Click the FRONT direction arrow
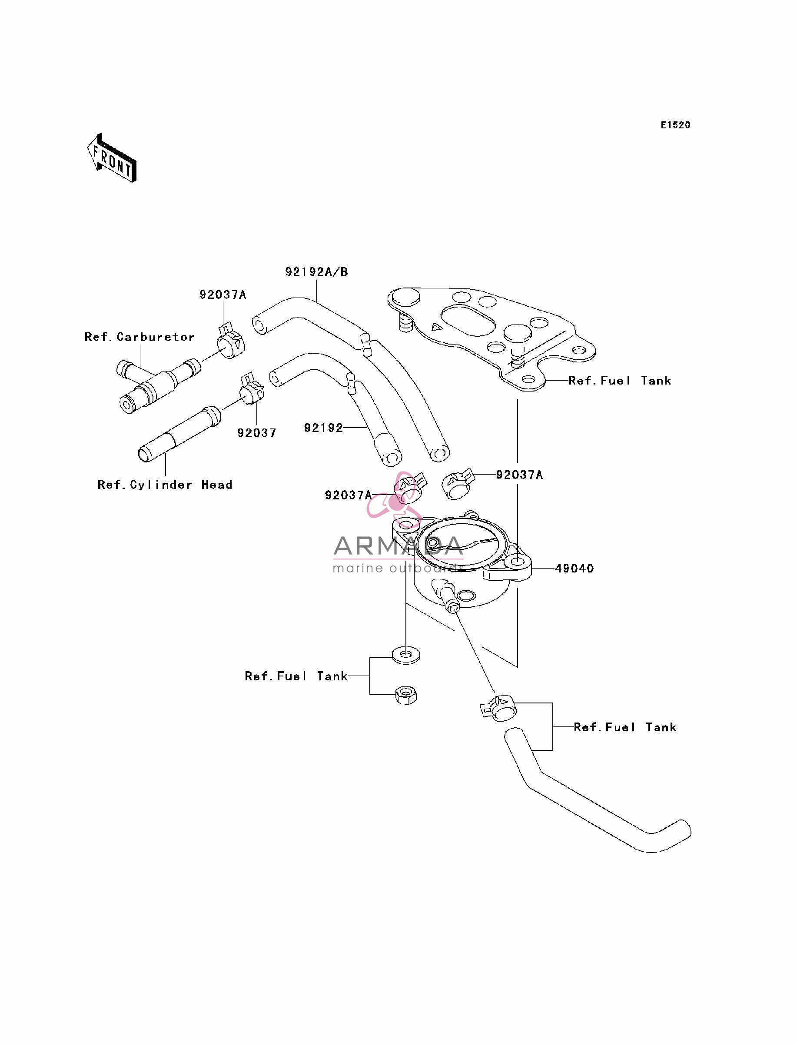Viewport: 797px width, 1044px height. (112, 158)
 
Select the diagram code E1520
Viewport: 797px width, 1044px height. (676, 125)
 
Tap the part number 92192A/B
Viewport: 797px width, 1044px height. (316, 272)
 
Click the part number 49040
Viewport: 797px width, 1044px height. (574, 568)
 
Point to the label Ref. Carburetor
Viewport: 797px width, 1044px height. (139, 337)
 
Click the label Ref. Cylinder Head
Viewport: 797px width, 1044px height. (165, 485)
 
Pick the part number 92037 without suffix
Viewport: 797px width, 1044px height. (257, 433)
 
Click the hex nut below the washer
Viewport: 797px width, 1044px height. (406, 696)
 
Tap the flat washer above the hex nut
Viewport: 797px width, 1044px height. (406, 655)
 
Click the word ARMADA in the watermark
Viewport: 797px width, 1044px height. (398, 546)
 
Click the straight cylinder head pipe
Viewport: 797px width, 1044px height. (180, 433)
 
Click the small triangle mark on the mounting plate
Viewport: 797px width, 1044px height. (436, 327)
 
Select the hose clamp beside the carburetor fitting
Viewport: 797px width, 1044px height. (231, 341)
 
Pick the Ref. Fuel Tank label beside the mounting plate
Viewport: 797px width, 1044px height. (620, 380)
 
